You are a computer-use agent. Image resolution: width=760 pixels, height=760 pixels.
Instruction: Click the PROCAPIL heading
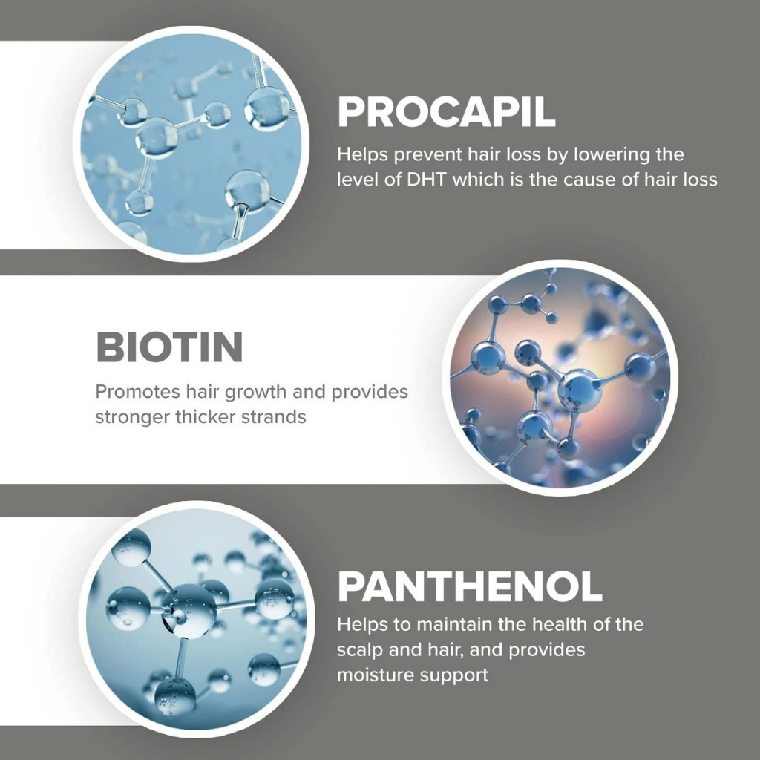coord(446,112)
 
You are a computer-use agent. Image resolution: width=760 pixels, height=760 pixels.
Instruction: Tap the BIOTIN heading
coord(170,347)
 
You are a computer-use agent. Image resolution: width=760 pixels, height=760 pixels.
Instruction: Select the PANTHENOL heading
coord(470,586)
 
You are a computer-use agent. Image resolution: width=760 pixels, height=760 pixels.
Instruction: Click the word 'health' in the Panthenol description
coord(559,624)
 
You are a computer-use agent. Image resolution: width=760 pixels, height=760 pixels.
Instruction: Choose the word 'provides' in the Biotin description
coord(370,393)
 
